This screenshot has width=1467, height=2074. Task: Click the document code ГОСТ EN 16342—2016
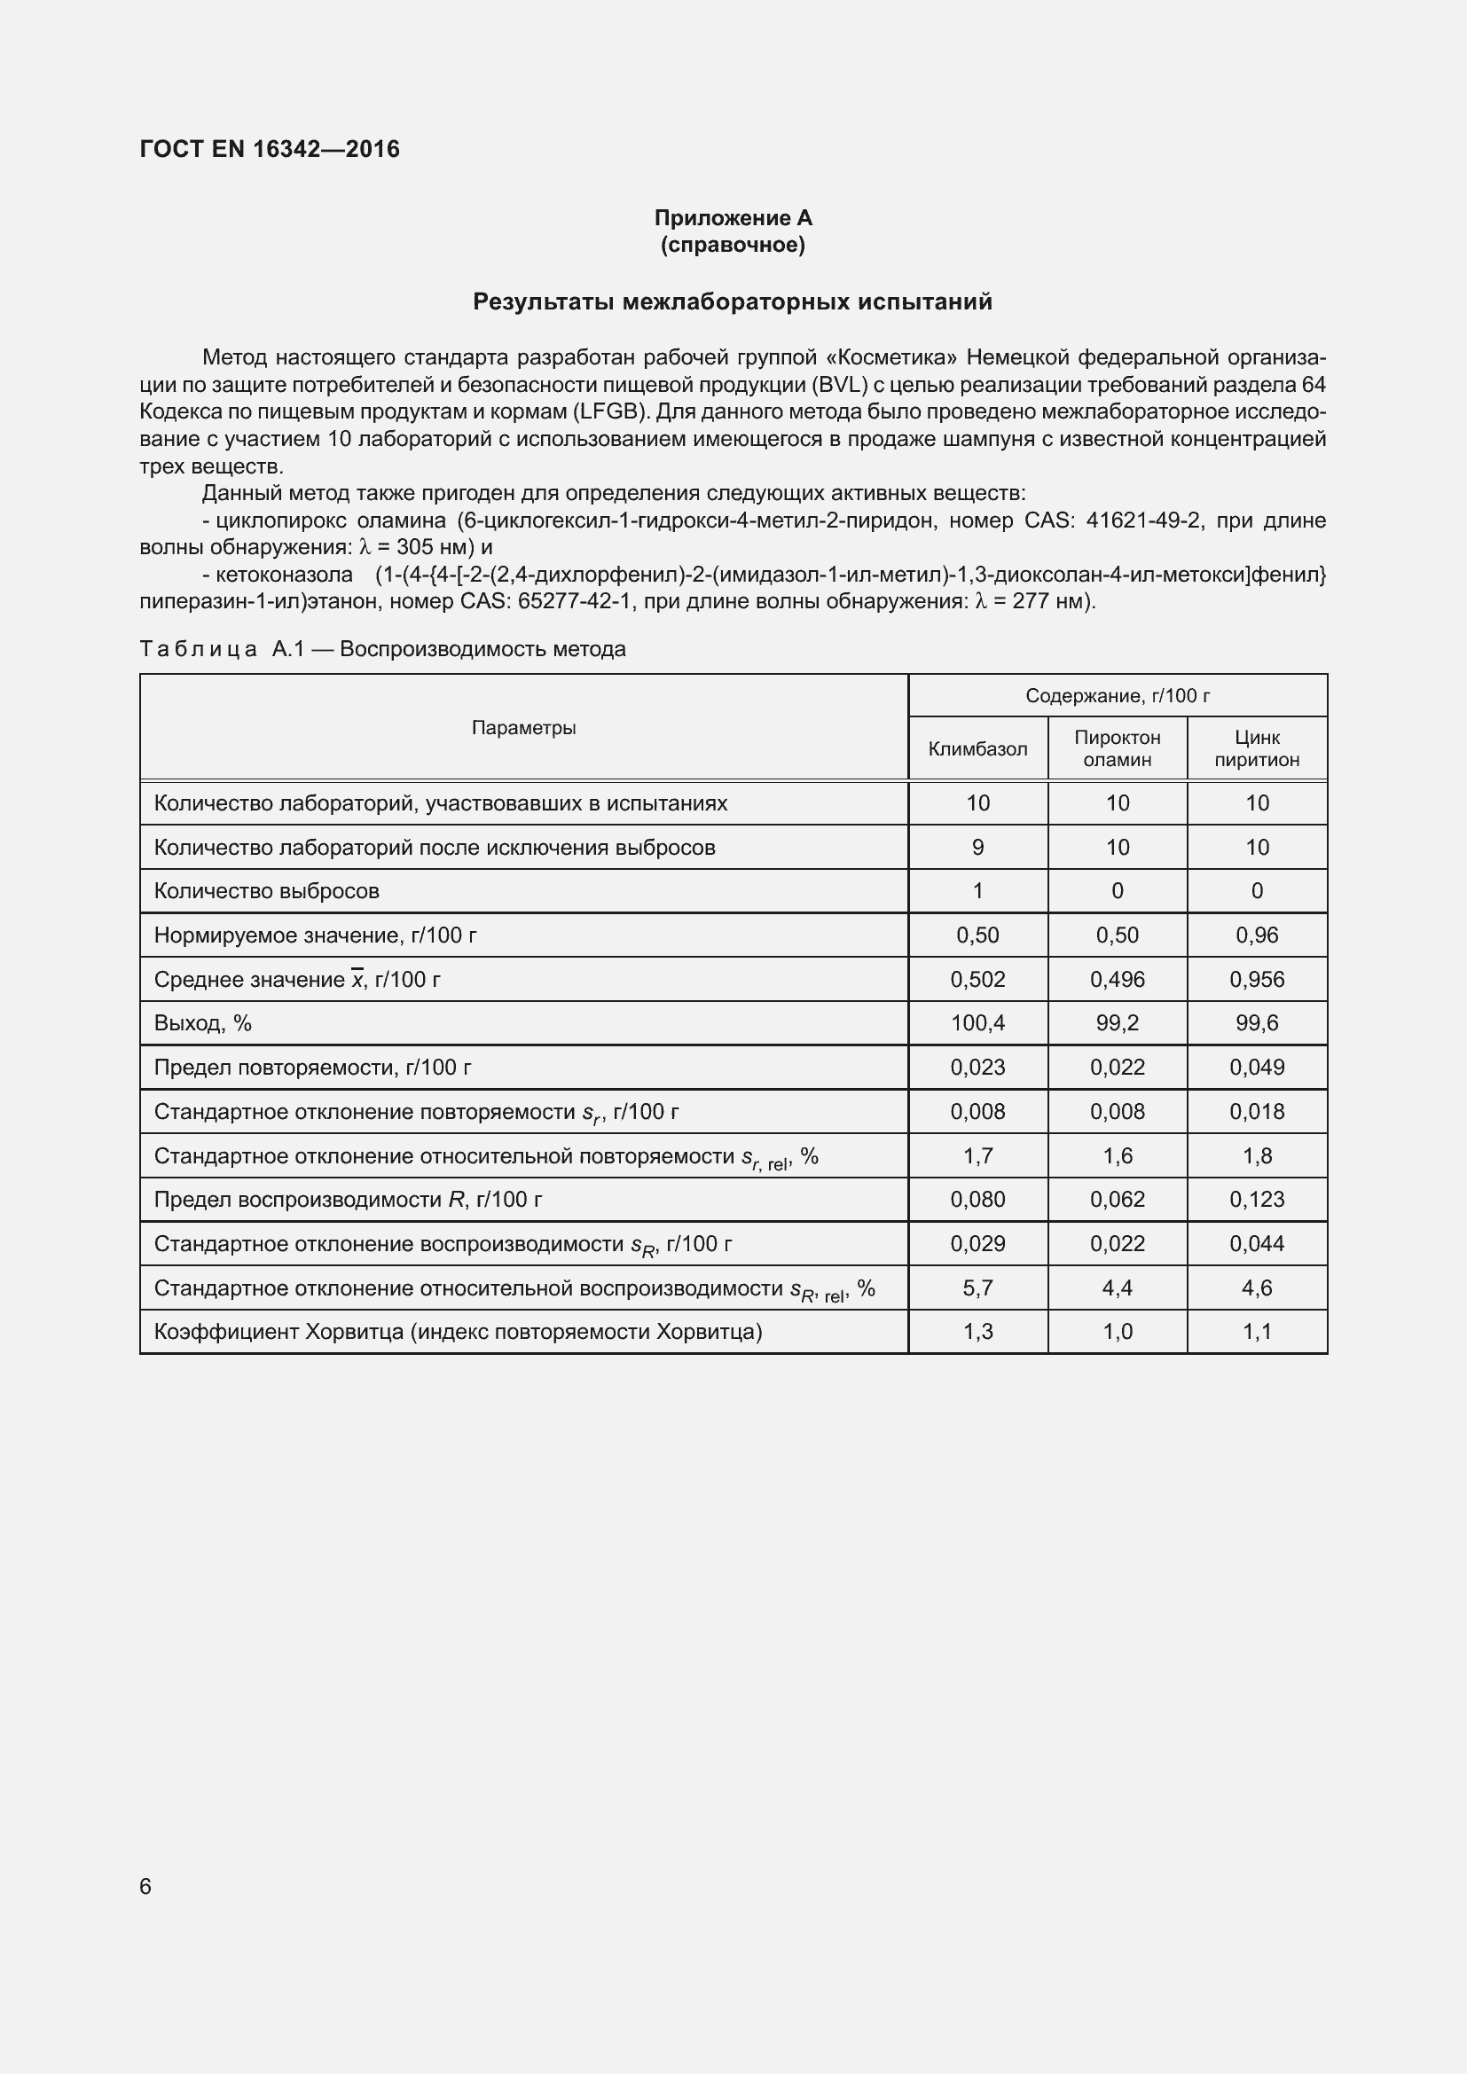click(270, 149)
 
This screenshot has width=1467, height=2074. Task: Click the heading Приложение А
click(733, 218)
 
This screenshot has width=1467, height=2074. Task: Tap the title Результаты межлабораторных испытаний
click(733, 301)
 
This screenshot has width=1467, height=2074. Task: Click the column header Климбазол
click(977, 749)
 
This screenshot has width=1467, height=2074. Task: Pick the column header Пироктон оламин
click(1118, 748)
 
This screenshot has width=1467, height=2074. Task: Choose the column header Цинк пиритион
click(1257, 748)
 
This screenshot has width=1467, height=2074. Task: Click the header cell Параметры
click(524, 727)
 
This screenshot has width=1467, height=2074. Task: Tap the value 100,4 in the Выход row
click(977, 1023)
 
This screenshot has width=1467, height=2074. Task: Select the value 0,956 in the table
click(1257, 979)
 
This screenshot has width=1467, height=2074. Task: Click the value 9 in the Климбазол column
click(977, 848)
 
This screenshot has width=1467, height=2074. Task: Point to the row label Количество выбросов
click(266, 890)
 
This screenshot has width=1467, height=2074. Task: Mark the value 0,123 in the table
click(1257, 1200)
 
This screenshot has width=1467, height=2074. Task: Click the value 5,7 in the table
click(977, 1288)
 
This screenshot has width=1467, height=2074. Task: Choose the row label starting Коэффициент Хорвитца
click(458, 1332)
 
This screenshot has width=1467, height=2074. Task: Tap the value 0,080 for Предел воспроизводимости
click(977, 1200)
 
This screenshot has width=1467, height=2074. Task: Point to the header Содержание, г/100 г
click(1118, 695)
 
